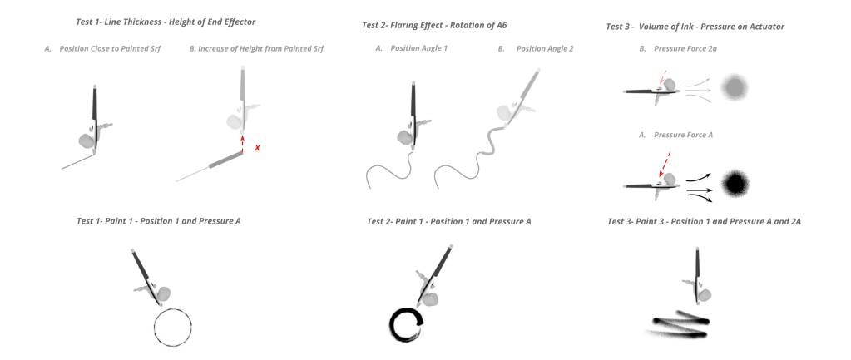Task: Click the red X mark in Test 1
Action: click(x=257, y=147)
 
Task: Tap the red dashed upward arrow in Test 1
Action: click(x=242, y=144)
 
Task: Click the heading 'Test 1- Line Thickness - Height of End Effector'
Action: click(x=166, y=22)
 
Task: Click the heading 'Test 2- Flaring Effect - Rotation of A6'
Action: click(x=434, y=25)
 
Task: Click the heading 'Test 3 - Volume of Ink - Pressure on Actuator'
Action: click(x=695, y=27)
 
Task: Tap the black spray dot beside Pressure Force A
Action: click(x=735, y=185)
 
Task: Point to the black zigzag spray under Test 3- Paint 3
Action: click(x=682, y=323)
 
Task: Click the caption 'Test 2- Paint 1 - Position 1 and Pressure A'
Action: click(x=449, y=221)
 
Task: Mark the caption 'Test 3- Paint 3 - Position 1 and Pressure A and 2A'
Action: click(x=704, y=221)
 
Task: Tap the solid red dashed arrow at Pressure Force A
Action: click(x=664, y=165)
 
